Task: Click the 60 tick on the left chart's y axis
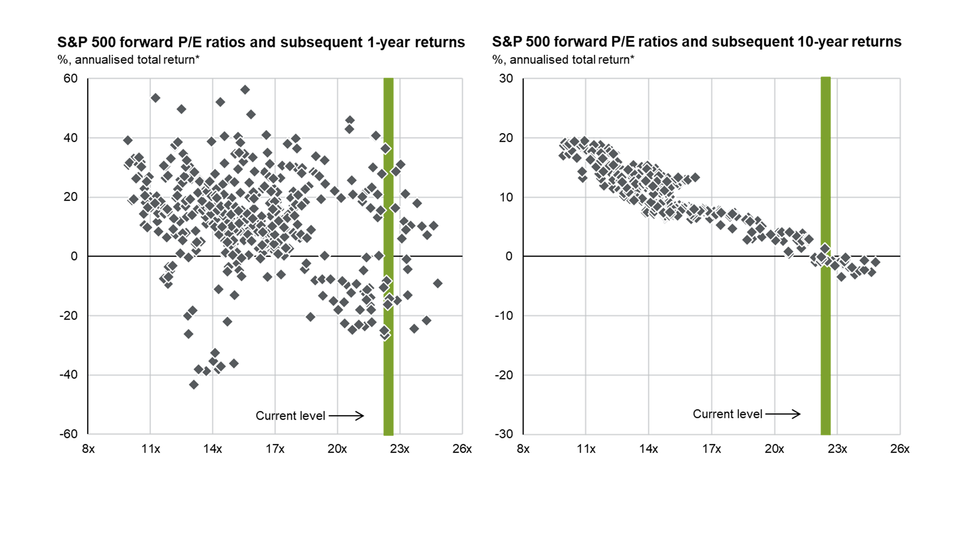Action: pos(70,78)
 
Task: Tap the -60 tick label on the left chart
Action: pos(68,434)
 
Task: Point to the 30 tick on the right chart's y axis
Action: pos(506,78)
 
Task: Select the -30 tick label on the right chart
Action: pos(504,434)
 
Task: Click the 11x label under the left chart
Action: pos(150,449)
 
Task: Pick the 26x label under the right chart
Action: pos(900,449)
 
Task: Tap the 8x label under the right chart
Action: pos(523,449)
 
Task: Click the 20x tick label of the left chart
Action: pos(337,449)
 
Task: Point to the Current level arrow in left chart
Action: pos(346,416)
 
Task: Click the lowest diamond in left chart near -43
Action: pos(194,384)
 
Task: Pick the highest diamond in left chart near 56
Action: pos(245,90)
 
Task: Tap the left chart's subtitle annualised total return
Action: pos(137,60)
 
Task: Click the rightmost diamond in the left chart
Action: pos(437,284)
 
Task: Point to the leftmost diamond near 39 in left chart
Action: pos(128,140)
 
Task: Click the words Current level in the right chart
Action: pos(727,414)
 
